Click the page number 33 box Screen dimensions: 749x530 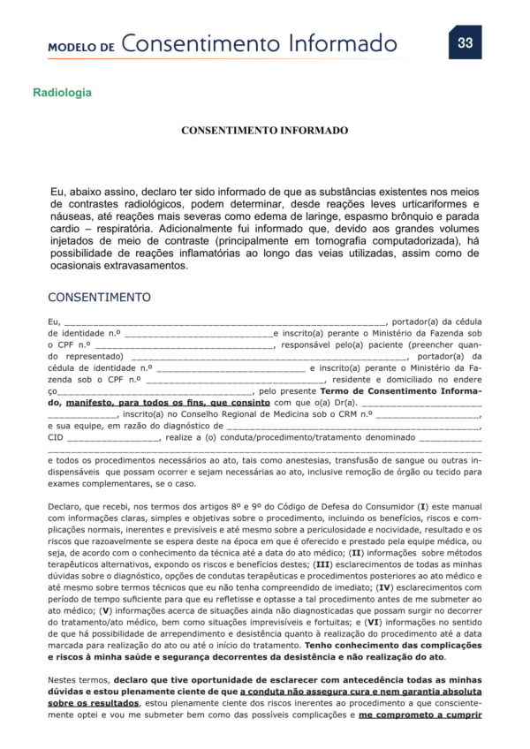point(465,42)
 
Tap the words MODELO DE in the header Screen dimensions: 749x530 point(81,47)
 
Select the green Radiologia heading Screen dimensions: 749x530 point(62,92)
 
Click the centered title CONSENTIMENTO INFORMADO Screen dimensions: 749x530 point(264,130)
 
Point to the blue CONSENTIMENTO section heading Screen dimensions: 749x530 point(99,297)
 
